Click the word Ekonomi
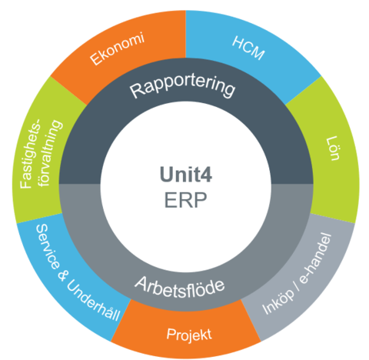click(x=118, y=48)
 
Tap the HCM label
click(x=248, y=48)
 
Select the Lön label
click(x=333, y=148)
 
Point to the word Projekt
click(x=189, y=335)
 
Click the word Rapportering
click(x=182, y=87)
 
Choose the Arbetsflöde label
click(x=180, y=288)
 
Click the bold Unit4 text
click(x=186, y=175)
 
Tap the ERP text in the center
click(x=185, y=200)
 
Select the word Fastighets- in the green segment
click(x=30, y=154)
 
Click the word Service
click(x=47, y=247)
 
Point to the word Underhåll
click(x=94, y=300)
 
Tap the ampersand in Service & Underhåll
click(x=61, y=275)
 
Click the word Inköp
click(x=278, y=302)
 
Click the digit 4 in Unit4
click(x=205, y=175)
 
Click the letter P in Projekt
click(x=171, y=334)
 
